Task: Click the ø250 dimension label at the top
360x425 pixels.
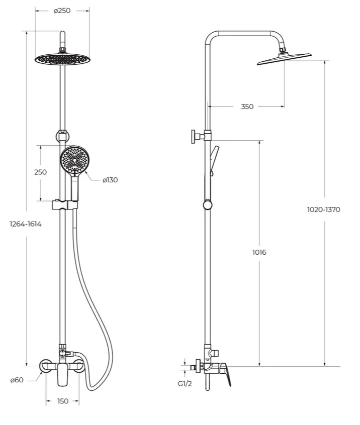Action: point(62,11)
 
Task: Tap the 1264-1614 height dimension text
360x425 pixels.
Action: point(26,224)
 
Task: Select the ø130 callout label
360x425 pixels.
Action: point(110,180)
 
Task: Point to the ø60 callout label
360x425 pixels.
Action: point(17,380)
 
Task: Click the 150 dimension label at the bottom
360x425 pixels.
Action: point(63,401)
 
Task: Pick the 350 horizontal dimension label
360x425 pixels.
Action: point(247,107)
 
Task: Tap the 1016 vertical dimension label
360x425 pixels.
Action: point(259,252)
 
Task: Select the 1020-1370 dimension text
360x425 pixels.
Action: point(324,209)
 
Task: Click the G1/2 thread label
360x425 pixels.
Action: point(185,384)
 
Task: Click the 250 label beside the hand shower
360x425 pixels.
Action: point(40,172)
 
